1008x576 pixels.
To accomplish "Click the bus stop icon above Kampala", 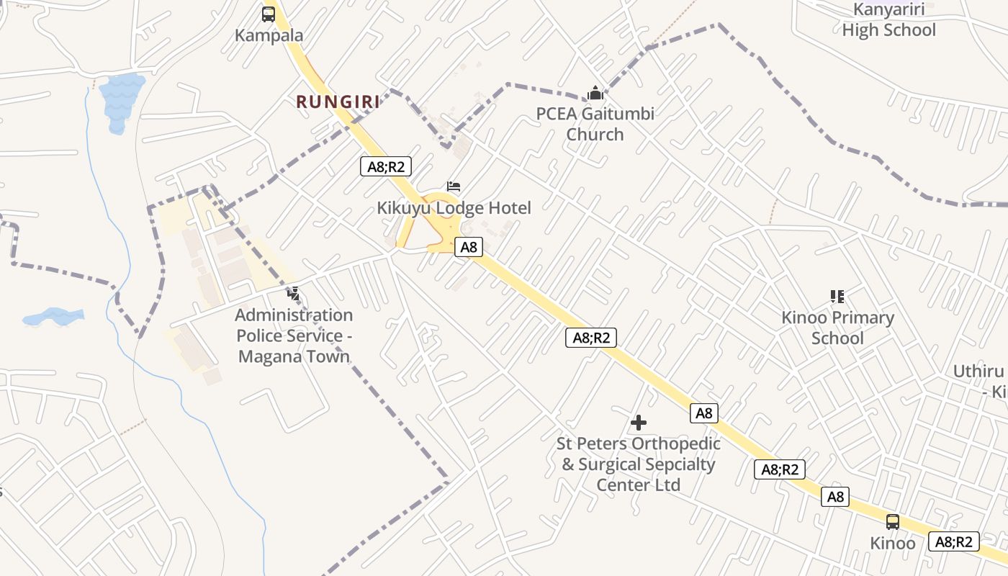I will pyautogui.click(x=269, y=14).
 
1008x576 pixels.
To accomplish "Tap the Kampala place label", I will pyautogui.click(x=269, y=35).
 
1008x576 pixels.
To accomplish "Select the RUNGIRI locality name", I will pyautogui.click(x=338, y=102).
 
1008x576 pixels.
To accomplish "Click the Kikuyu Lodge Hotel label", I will pyautogui.click(x=454, y=208).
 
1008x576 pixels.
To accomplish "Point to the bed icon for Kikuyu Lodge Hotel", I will pyautogui.click(x=454, y=186).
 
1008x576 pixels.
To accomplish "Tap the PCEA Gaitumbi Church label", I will pyautogui.click(x=595, y=124).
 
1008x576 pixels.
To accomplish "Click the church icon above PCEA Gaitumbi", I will pyautogui.click(x=595, y=93).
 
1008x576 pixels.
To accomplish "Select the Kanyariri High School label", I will pyautogui.click(x=888, y=20).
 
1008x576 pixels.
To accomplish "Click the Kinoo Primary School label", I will pyautogui.click(x=837, y=328).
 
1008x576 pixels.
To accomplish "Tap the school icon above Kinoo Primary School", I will pyautogui.click(x=837, y=296).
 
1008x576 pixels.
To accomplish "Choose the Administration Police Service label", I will pyautogui.click(x=294, y=336).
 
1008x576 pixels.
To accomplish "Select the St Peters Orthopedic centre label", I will pyautogui.click(x=638, y=464).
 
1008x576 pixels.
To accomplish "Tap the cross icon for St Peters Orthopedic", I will pyautogui.click(x=638, y=423).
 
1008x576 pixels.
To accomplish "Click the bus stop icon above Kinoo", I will pyautogui.click(x=893, y=522).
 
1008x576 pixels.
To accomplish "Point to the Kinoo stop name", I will pyautogui.click(x=893, y=543).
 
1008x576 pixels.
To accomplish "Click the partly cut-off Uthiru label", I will pyautogui.click(x=979, y=381).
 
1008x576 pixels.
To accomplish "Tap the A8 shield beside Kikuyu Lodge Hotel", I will pyautogui.click(x=469, y=247).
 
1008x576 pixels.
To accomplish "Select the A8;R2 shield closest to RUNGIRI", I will pyautogui.click(x=385, y=167).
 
